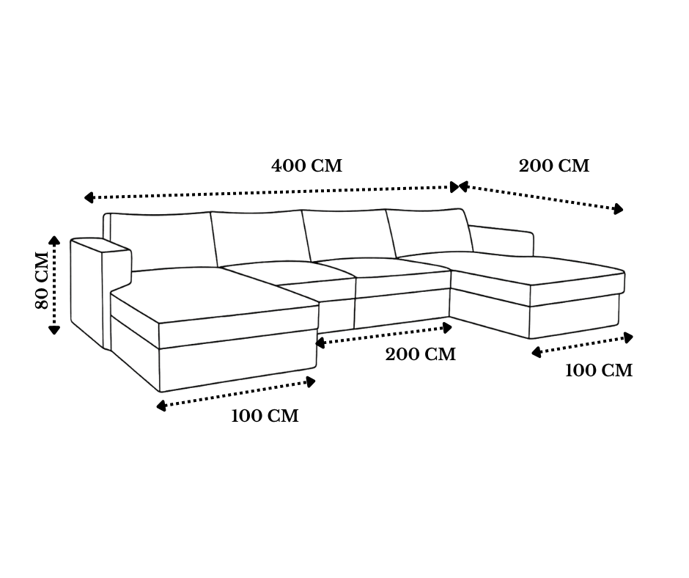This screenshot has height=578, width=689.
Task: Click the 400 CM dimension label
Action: pos(306,166)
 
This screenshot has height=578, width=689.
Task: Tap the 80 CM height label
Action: pos(42,280)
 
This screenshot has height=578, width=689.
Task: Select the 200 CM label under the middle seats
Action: pos(421,354)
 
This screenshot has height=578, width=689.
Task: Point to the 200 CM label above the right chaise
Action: pos(554,166)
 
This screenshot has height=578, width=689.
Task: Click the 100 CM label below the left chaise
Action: pos(265,416)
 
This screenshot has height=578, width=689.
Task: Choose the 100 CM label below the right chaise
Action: pos(599,370)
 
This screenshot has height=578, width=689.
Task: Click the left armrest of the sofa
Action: pos(100,290)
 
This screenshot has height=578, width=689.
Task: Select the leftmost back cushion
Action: pos(162,241)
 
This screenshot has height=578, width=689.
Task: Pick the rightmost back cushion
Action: pos(429,233)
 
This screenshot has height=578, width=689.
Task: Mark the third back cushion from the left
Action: pos(349,235)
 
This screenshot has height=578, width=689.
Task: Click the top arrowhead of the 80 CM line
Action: pos(54,240)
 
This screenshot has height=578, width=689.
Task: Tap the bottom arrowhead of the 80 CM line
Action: pos(54,330)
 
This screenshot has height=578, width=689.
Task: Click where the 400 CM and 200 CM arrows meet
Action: pos(459,187)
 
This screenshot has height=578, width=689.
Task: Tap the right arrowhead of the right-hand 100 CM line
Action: pos(628,338)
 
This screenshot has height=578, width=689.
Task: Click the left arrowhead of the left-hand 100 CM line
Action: pos(161,406)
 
